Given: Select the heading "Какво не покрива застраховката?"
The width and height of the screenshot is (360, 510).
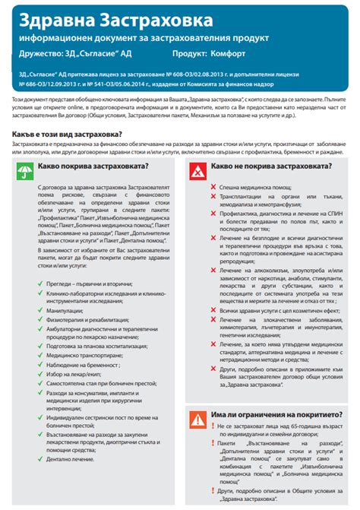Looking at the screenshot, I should (263, 166).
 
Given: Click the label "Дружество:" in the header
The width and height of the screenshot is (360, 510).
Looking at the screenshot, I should (43, 55).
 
